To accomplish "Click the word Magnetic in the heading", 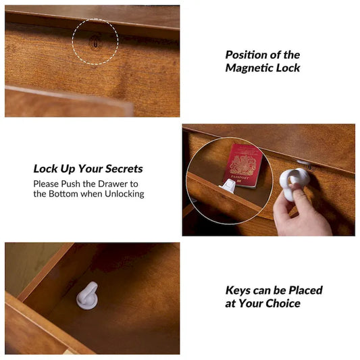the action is [x=249, y=68].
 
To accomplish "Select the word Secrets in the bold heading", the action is [x=124, y=169].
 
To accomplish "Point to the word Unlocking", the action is [x=124, y=194].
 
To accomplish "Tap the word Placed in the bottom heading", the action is [x=305, y=290].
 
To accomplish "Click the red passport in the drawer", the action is [x=243, y=165].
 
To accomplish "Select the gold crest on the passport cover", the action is [x=243, y=165].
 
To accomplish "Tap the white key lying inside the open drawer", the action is [x=87, y=295].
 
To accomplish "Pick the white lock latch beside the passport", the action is [x=229, y=186].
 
